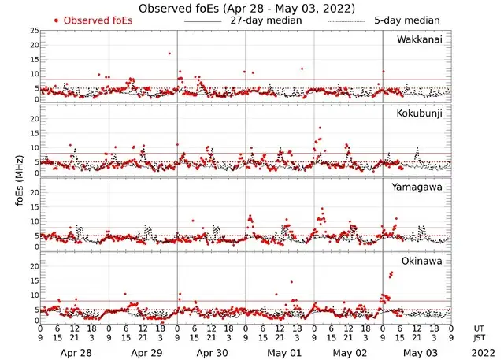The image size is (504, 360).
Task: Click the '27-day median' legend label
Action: [x=265, y=20]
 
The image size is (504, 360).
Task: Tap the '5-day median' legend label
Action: [x=406, y=20]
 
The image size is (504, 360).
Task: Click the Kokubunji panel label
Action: [x=418, y=114]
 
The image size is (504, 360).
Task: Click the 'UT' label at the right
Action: [x=480, y=328]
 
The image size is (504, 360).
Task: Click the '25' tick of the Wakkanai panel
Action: [x=32, y=31]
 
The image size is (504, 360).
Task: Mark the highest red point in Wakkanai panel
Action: [x=169, y=54]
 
